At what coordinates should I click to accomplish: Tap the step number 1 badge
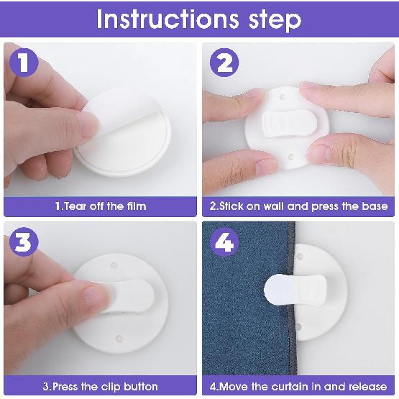pos(24,65)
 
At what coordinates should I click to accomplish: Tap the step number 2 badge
pos(224,65)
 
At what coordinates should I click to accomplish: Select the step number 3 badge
pos(24,242)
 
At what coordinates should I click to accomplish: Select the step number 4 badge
pos(224,242)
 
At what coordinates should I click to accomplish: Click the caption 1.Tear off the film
pos(100,206)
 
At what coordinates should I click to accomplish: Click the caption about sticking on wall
pos(298,206)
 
